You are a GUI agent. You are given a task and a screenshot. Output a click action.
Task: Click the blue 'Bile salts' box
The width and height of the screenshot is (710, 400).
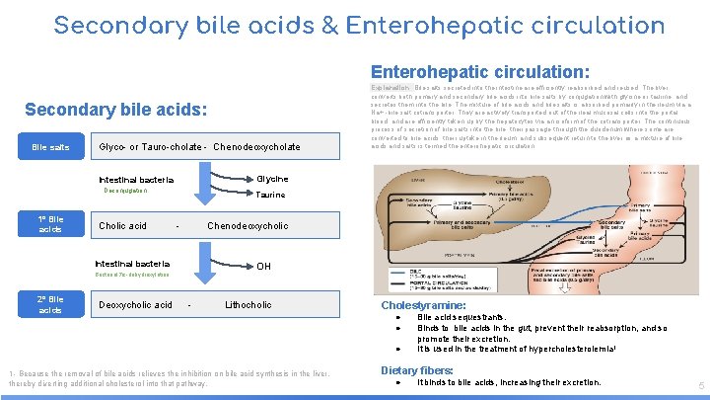[50, 147]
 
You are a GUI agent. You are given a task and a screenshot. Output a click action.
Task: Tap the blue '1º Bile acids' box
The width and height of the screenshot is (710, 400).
[50, 224]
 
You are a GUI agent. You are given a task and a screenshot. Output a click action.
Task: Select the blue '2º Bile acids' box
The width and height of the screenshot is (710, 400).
[50, 304]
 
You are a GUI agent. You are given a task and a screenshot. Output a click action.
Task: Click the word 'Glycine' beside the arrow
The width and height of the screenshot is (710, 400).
[272, 179]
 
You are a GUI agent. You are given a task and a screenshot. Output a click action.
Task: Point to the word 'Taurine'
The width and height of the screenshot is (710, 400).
[270, 195]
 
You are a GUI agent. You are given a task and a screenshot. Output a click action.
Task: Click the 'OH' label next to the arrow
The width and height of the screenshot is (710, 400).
[263, 266]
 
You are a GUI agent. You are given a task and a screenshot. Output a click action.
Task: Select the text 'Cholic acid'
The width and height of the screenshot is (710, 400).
[122, 225]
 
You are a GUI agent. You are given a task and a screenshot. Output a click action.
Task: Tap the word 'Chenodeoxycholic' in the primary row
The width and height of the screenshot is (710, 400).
[248, 225]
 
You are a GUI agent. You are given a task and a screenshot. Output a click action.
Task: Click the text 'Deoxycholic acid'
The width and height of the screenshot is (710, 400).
[135, 304]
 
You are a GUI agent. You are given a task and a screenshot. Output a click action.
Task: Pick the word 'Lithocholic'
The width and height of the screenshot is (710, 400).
[248, 304]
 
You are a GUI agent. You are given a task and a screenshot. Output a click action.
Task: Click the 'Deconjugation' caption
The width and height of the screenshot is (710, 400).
[123, 192]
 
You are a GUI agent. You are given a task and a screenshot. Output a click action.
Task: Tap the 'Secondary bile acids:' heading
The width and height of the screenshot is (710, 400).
[116, 109]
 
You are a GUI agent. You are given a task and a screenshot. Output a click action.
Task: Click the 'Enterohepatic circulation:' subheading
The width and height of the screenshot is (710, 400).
[480, 71]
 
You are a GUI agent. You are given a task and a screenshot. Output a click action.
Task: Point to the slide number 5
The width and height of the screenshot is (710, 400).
[699, 385]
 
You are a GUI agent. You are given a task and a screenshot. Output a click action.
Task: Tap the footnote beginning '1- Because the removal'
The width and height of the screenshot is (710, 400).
[166, 379]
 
